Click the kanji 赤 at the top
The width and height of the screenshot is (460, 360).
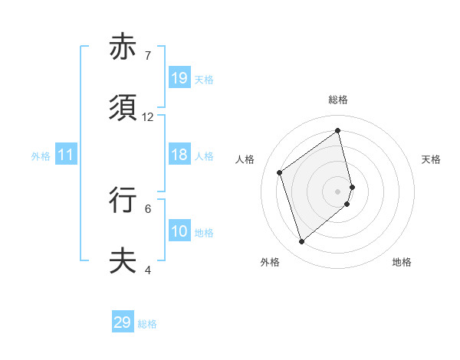pyautogui.click(x=123, y=47)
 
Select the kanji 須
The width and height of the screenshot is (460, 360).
pyautogui.click(x=123, y=108)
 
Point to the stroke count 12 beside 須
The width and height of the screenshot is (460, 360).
pyautogui.click(x=148, y=117)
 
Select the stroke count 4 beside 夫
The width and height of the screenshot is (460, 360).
pyautogui.click(x=148, y=270)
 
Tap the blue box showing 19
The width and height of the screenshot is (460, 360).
pyautogui.click(x=179, y=77)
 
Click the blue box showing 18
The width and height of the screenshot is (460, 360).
pyautogui.click(x=179, y=155)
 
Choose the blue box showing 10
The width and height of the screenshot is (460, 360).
pyautogui.click(x=179, y=231)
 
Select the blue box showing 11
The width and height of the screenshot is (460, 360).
pyautogui.click(x=66, y=155)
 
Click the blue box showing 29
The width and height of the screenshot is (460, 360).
pyautogui.click(x=123, y=322)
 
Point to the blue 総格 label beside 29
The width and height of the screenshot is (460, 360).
pyautogui.click(x=147, y=324)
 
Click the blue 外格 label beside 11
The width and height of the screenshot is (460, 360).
pyautogui.click(x=41, y=156)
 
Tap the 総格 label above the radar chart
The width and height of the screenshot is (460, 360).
pyautogui.click(x=338, y=100)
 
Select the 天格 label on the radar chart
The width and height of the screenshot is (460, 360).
pyautogui.click(x=432, y=159)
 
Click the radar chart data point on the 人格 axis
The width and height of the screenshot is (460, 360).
pyautogui.click(x=280, y=172)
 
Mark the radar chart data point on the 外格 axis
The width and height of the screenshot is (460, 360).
pyautogui.click(x=302, y=242)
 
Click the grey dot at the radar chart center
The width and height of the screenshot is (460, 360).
pyautogui.click(x=338, y=191)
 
